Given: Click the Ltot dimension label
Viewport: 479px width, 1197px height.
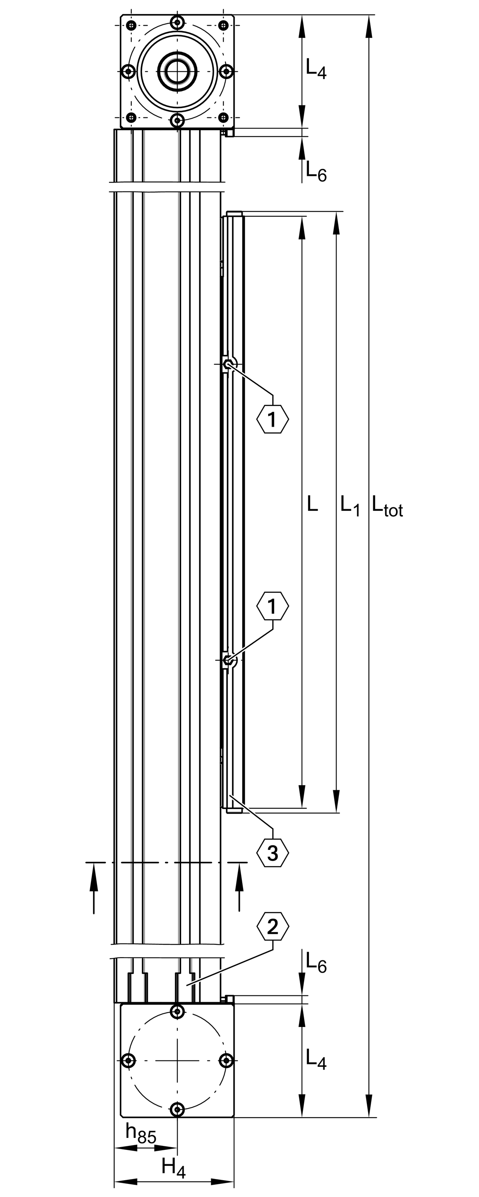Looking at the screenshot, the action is point(388,506).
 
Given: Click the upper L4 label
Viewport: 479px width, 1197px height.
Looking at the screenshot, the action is point(316,68).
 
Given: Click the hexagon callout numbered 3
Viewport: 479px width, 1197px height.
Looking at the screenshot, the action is point(273,853).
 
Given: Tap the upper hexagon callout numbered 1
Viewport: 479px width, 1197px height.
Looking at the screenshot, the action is point(273,419).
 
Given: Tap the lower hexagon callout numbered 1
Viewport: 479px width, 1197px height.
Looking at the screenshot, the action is point(273,606).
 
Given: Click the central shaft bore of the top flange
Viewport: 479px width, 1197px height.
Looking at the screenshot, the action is point(177,71).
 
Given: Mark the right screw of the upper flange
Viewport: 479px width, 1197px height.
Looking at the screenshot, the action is point(226,71).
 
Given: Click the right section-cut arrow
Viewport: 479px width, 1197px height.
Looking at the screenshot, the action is point(240,886).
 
